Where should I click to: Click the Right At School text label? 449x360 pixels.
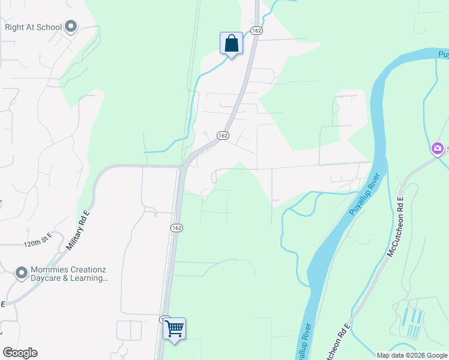pyautogui.click(x=32, y=26)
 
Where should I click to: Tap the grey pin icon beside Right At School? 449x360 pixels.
pyautogui.click(x=71, y=26)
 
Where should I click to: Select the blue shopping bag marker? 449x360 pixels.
pyautogui.click(x=231, y=44)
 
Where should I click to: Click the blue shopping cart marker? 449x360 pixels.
pyautogui.click(x=174, y=329)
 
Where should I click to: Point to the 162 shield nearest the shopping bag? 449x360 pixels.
pyautogui.click(x=256, y=31)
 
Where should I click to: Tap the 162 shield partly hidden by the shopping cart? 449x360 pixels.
pyautogui.click(x=163, y=320)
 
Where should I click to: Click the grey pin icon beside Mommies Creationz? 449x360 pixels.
pyautogui.click(x=22, y=274)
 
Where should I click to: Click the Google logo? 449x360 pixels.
pyautogui.click(x=20, y=353)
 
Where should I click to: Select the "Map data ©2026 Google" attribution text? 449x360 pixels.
pyautogui.click(x=411, y=355)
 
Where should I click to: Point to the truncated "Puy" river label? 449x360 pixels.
pyautogui.click(x=443, y=55)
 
